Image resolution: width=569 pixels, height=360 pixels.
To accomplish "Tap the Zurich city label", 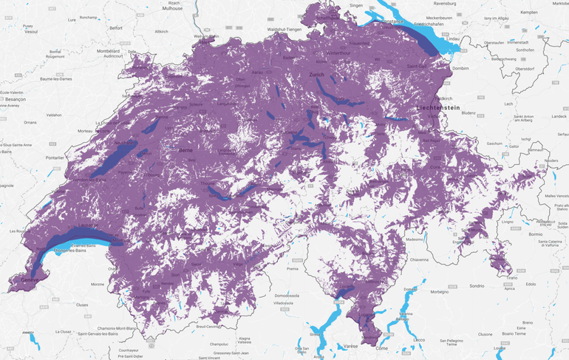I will tap(317, 75).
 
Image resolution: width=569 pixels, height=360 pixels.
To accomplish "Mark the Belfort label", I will tap(115, 27).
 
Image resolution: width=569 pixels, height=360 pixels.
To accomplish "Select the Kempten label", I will tap(529, 13).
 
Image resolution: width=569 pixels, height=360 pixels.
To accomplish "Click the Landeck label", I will tap(559, 116).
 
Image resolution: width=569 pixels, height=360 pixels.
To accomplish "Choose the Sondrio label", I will tap(477, 285).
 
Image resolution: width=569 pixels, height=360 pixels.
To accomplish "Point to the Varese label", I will tap(350, 347).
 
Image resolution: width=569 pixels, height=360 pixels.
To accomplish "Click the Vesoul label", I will tap(30, 32).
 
